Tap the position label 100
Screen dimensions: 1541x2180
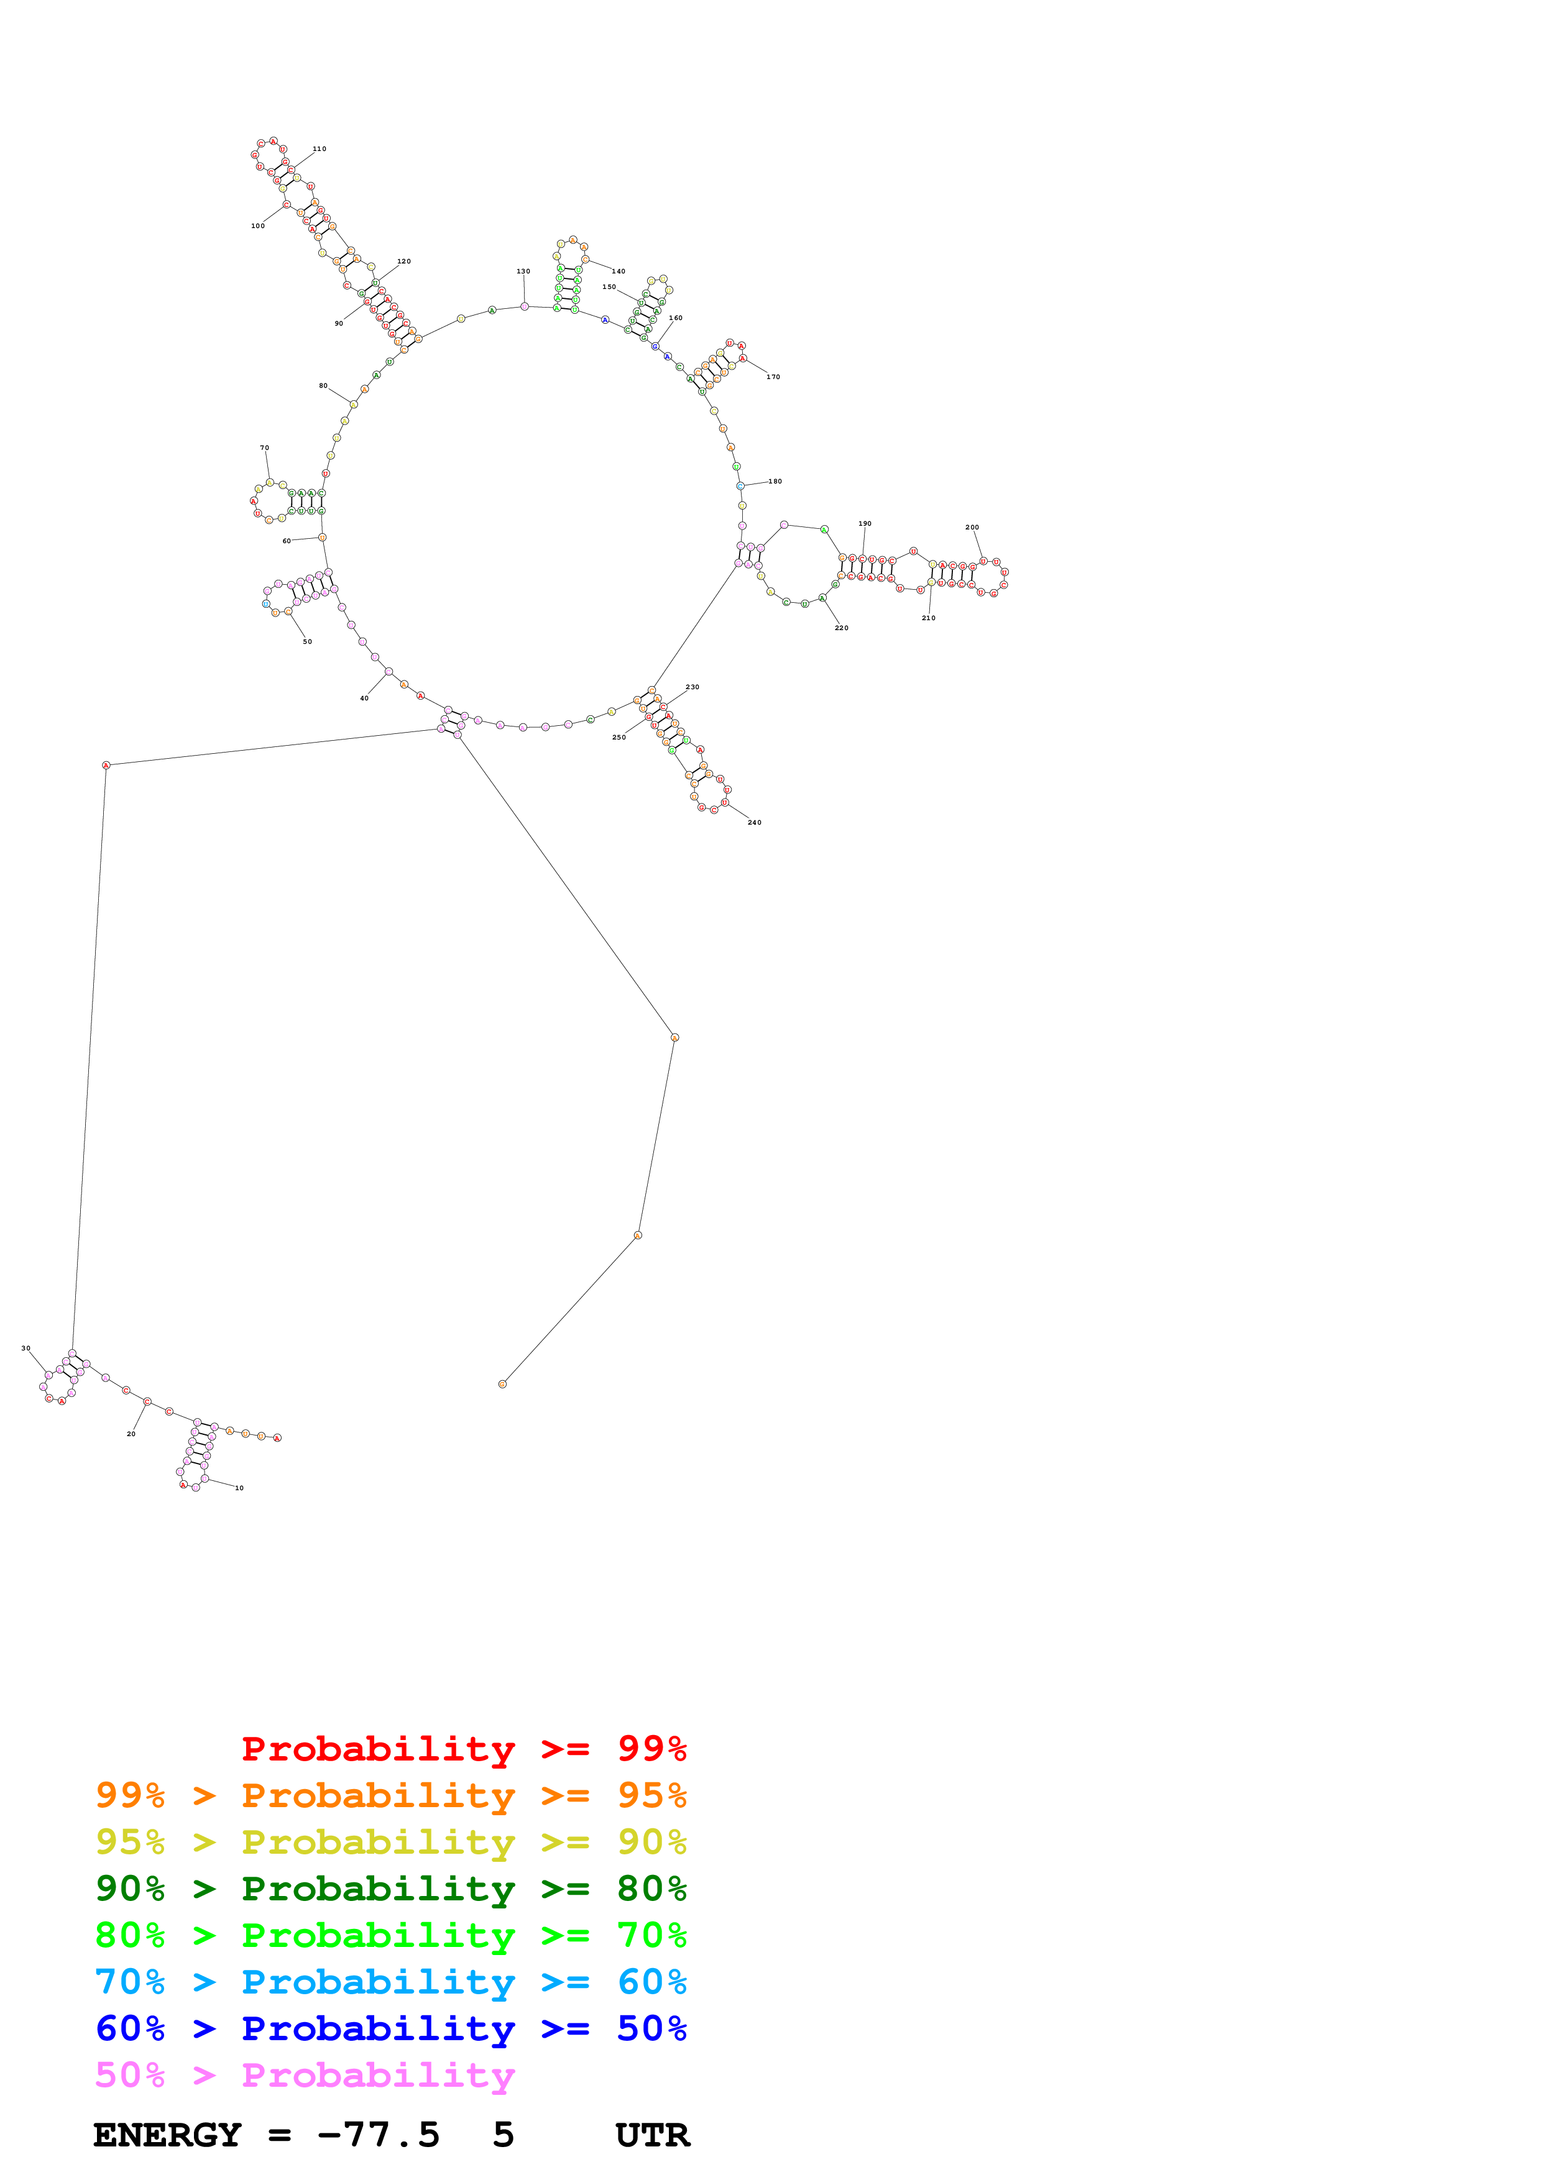coord(257,226)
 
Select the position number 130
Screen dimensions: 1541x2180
coord(523,272)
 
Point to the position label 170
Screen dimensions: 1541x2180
coord(773,377)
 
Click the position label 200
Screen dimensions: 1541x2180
coord(972,527)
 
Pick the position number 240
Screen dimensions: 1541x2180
coord(754,822)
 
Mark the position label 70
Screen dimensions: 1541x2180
coord(264,448)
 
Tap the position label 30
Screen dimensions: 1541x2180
coord(25,1349)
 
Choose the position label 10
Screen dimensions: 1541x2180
coord(239,1488)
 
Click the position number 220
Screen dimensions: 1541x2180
coord(841,628)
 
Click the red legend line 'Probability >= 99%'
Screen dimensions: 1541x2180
coord(463,1749)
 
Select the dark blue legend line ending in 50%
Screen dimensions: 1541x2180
coord(390,2029)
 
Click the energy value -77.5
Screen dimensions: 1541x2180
coord(378,2135)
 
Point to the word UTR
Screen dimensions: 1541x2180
coord(651,2135)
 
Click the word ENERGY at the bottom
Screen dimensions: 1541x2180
coord(167,2135)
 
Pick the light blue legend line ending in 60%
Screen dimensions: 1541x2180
coord(390,1982)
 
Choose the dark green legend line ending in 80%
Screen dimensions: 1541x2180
coord(390,1889)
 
